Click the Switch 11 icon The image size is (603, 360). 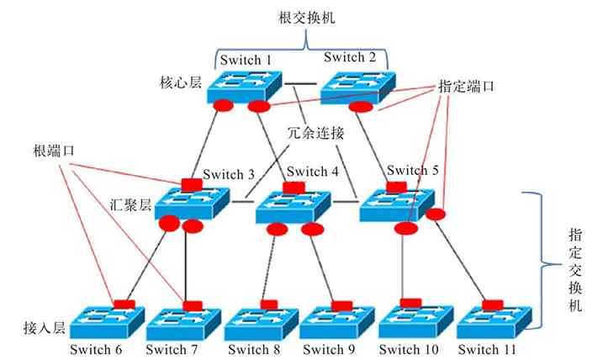pyautogui.click(x=492, y=322)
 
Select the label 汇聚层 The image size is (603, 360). pyautogui.click(x=130, y=204)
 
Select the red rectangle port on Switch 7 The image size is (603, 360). pyautogui.click(x=193, y=304)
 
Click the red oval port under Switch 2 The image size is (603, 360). pyautogui.click(x=360, y=107)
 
